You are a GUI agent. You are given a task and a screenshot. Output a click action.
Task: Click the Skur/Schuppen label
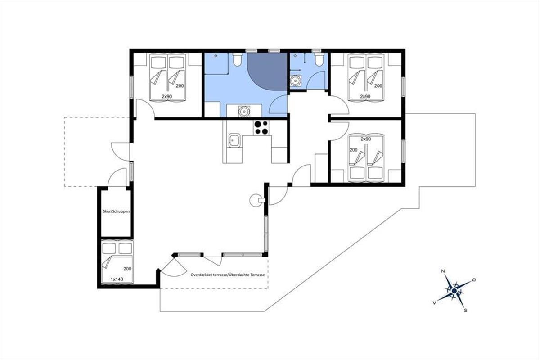coord(116,211)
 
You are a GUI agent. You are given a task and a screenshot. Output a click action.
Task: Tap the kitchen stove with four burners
coord(261,127)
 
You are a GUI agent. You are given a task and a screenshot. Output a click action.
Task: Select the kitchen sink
coord(234,140)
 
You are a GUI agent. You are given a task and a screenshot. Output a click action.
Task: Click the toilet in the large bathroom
coord(238,59)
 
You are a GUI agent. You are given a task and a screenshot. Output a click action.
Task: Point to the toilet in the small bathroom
coord(319,59)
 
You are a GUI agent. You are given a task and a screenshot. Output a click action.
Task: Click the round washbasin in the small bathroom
coord(295,81)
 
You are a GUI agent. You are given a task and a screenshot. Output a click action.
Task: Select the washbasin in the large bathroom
coord(244,112)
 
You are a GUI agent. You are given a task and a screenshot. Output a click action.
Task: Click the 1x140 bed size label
coord(117,279)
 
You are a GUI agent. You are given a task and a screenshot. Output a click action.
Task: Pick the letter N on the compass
coord(443,271)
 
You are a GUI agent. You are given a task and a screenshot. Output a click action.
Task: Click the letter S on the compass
coord(465,310)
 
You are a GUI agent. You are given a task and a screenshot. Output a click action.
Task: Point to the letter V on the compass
coord(434,303)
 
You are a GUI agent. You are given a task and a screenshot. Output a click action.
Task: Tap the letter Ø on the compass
coord(474,280)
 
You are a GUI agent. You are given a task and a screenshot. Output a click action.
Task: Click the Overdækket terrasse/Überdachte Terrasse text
coord(228,275)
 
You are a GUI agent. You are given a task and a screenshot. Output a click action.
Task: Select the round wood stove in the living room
coord(256,200)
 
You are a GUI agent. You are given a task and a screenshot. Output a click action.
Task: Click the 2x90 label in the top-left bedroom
coord(167,96)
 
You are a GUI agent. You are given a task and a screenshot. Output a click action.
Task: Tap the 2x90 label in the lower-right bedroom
coord(366,139)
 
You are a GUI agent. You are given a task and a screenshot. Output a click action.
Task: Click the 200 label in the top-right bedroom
coord(378,86)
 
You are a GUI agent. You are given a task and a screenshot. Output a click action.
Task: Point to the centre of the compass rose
coord(454,291)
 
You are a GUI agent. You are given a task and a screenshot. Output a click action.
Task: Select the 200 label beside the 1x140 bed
coord(127,269)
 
